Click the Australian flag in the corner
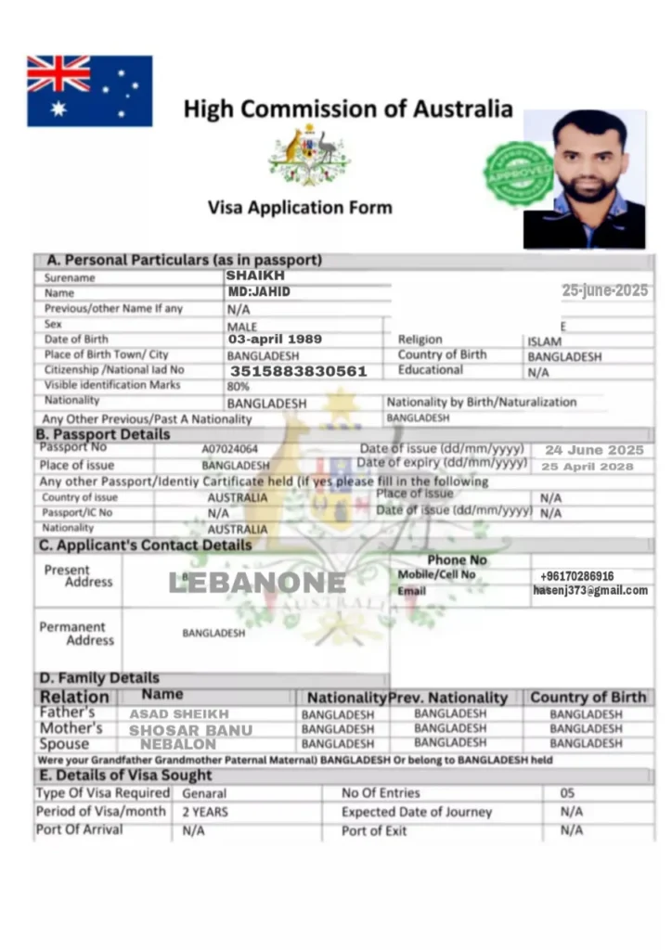click(x=89, y=91)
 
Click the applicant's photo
click(x=584, y=179)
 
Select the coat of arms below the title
click(x=308, y=153)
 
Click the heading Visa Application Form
click(x=300, y=208)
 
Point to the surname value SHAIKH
click(x=255, y=276)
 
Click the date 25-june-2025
click(x=604, y=290)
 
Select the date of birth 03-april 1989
click(x=275, y=340)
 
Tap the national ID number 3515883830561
click(x=299, y=371)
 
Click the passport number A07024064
click(x=230, y=449)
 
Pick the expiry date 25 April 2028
click(x=588, y=467)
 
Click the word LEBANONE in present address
click(x=256, y=583)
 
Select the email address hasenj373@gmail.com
click(x=590, y=590)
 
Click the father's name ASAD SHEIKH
click(x=178, y=714)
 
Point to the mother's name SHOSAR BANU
click(x=189, y=730)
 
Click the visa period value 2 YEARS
click(x=205, y=812)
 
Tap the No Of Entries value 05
click(x=567, y=793)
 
